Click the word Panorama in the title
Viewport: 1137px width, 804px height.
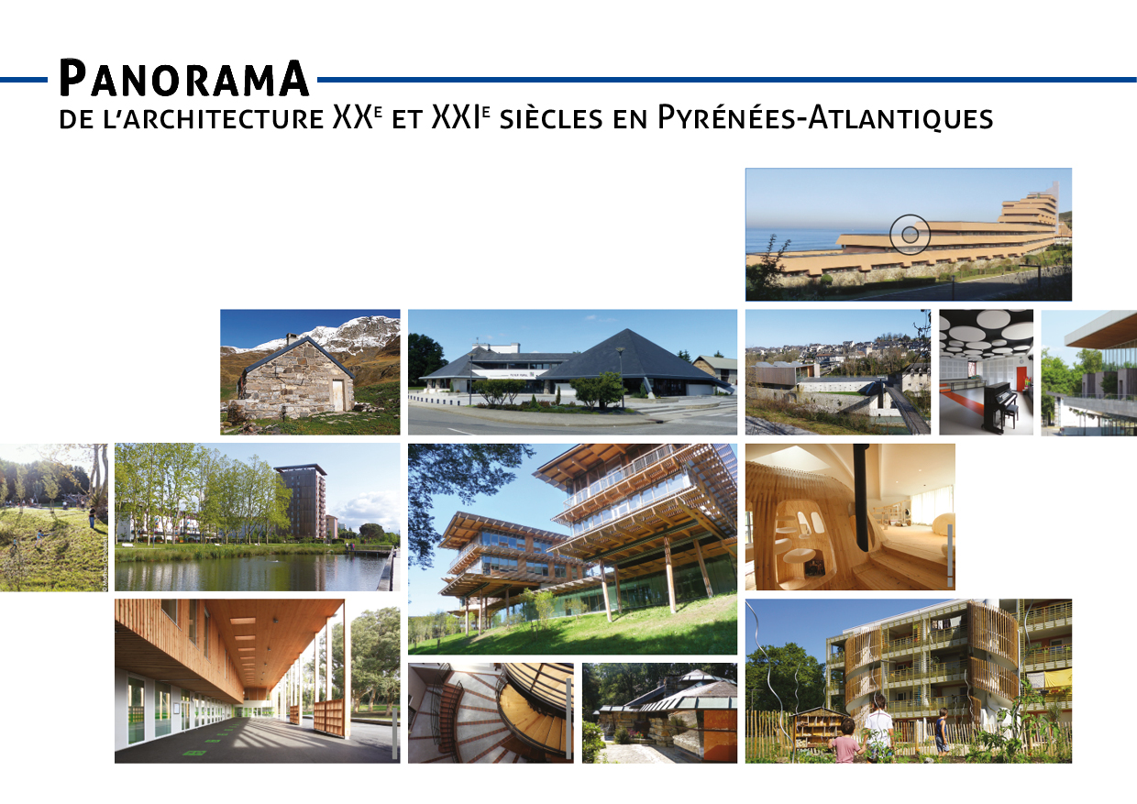click(184, 78)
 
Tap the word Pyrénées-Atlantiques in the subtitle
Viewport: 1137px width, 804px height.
click(825, 118)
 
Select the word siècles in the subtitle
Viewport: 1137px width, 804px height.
click(551, 118)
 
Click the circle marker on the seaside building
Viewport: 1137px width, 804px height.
click(910, 234)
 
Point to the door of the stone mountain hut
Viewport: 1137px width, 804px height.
click(337, 395)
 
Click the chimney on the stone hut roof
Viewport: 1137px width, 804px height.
click(292, 338)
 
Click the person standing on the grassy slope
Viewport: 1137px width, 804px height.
click(92, 518)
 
